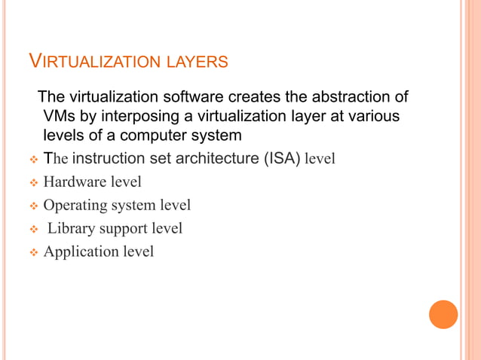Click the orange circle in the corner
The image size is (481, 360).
[x=443, y=314]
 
